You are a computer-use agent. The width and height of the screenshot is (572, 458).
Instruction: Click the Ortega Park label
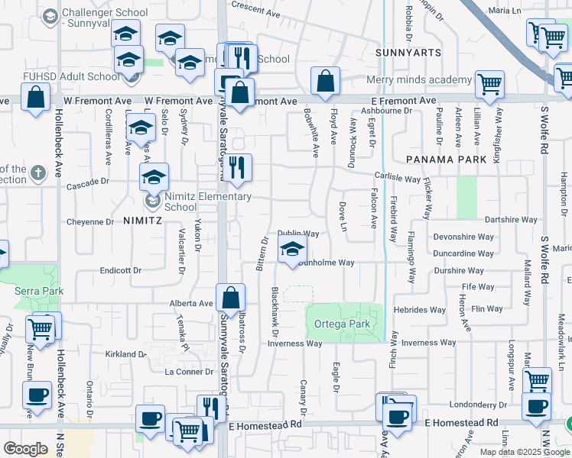coord(342,324)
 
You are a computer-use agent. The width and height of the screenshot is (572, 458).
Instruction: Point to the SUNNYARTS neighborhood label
coord(409,53)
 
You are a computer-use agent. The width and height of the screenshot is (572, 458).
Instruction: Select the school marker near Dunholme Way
coord(291,250)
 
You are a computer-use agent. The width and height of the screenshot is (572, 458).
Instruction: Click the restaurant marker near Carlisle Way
coord(237,169)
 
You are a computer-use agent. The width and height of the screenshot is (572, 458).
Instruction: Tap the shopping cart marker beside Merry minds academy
coord(489,85)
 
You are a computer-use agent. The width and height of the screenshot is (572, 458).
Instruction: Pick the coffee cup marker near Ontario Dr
coord(36,396)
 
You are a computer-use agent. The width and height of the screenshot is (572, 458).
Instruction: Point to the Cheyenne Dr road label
coord(89,222)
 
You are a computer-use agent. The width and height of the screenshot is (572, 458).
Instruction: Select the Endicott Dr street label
coord(121,270)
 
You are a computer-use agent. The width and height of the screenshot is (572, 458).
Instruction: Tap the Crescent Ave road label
coord(256,12)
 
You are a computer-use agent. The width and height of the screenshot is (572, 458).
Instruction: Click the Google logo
coord(25,449)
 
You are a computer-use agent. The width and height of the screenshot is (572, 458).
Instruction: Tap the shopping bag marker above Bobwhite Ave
coord(325,82)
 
